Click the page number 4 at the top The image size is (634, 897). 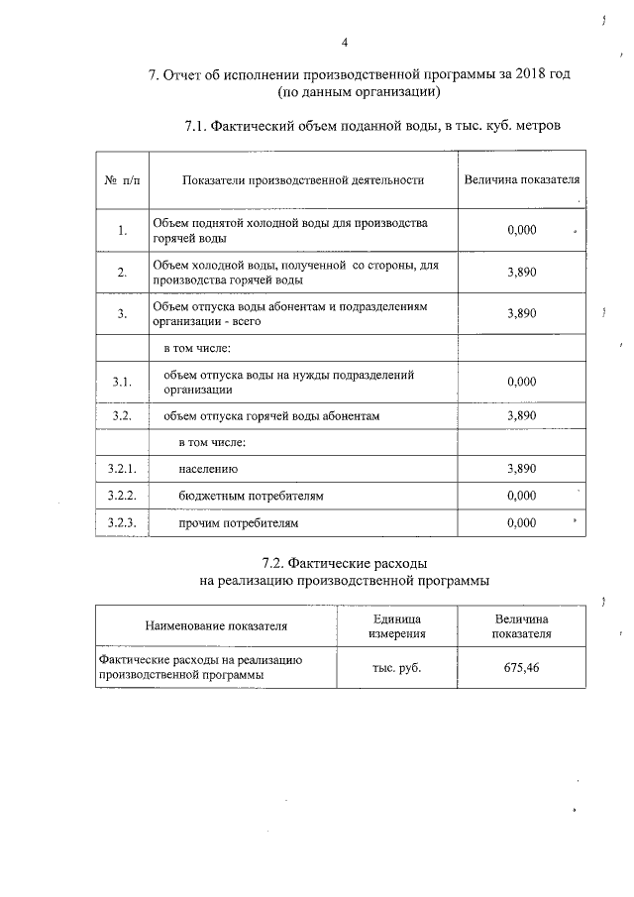344,42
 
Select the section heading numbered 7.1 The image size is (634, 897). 372,127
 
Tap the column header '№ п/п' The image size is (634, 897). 122,180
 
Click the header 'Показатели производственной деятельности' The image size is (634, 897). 303,180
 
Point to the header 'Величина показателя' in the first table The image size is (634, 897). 521,180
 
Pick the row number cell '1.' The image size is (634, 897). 122,231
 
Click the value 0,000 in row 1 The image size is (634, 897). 521,231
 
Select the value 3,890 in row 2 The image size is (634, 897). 521,273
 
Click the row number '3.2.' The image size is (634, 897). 122,415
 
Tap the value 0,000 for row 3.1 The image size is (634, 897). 521,382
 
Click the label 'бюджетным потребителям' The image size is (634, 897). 253,495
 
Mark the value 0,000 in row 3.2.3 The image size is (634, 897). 521,522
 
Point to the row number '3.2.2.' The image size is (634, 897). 122,495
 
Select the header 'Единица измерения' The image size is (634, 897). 397,625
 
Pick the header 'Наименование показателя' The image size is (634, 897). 216,625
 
